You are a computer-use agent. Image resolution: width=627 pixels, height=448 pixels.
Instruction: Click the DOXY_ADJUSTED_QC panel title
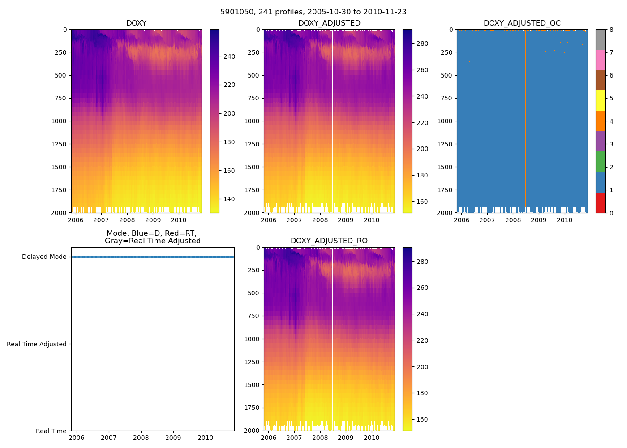point(522,23)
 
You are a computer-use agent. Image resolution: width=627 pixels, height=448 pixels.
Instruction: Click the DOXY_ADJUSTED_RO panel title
point(329,241)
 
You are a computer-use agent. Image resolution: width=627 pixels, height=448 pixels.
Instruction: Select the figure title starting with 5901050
point(313,12)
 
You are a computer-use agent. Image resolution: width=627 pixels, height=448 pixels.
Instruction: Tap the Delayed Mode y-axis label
point(44,257)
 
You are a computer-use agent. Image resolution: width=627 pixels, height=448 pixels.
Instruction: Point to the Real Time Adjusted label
point(37,344)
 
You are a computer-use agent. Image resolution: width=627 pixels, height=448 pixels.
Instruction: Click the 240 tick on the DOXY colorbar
point(229,56)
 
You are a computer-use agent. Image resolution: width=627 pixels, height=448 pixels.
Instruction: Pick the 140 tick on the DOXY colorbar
point(229,199)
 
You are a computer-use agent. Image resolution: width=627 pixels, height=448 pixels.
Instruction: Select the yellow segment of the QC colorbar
point(600,101)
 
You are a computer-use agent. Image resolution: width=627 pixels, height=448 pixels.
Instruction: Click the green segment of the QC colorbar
point(600,162)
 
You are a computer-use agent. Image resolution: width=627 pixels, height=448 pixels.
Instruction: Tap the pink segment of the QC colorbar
point(600,60)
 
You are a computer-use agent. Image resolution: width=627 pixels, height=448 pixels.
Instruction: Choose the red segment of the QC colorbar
point(600,202)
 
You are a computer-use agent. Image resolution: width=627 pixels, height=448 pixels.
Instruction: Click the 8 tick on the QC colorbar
point(611,30)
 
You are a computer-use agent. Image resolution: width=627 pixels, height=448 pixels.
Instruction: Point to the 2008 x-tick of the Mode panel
point(141,438)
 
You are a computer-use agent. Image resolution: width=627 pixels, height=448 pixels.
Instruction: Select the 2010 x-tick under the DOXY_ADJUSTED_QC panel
point(564,220)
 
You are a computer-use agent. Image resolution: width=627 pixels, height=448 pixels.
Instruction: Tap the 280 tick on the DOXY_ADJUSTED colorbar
point(422,44)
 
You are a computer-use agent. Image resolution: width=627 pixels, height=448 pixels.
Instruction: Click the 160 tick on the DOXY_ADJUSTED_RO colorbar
point(422,420)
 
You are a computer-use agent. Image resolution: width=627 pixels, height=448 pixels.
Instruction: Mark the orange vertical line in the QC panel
point(525,134)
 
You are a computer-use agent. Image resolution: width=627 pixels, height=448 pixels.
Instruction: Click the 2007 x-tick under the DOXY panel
point(101,220)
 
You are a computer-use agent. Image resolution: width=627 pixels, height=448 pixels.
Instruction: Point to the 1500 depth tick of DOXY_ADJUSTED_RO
point(252,385)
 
